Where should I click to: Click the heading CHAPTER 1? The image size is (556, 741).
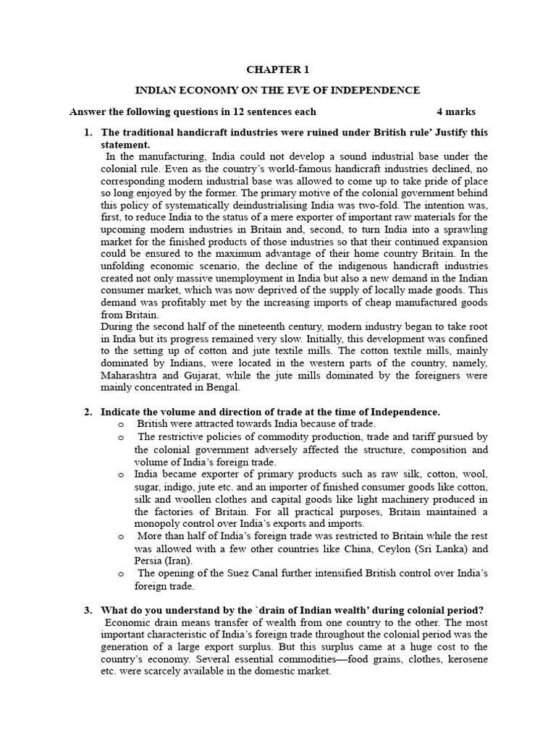tap(278, 70)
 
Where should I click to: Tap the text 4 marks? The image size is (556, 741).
tap(456, 111)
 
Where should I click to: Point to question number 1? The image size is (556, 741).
tap(88, 132)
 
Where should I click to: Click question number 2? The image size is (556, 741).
tap(88, 412)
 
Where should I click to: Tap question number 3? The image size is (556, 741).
tap(88, 611)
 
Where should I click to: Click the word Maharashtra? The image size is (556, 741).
tap(130, 376)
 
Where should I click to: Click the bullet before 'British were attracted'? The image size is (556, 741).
tap(121, 424)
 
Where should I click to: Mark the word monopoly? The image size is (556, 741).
tap(156, 524)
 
